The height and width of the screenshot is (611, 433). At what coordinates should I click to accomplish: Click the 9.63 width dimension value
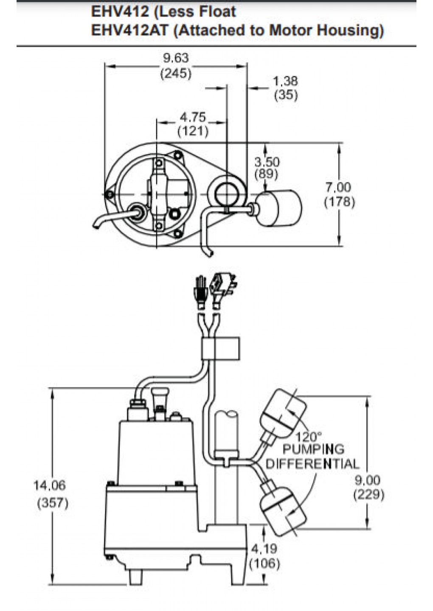[x=176, y=58]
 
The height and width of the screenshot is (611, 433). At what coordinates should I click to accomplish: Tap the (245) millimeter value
[x=176, y=73]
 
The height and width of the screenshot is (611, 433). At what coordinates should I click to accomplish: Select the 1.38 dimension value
[x=285, y=81]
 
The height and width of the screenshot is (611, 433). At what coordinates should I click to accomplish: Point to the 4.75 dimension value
[x=193, y=117]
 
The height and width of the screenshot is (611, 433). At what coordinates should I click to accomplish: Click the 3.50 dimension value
[x=267, y=162]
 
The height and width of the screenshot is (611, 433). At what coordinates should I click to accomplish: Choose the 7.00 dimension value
[x=339, y=187]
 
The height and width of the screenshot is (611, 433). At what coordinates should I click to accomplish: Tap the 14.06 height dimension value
[x=50, y=485]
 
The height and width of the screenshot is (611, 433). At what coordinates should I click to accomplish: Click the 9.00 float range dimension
[x=368, y=480]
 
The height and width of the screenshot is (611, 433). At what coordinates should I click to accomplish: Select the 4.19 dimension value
[x=264, y=549]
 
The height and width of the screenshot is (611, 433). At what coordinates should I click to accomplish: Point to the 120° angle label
[x=309, y=437]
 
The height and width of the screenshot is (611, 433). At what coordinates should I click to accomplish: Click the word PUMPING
[x=313, y=449]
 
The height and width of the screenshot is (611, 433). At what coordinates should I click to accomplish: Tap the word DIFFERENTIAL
[x=312, y=464]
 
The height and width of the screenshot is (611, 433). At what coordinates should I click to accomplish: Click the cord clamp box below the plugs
[x=220, y=348]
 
